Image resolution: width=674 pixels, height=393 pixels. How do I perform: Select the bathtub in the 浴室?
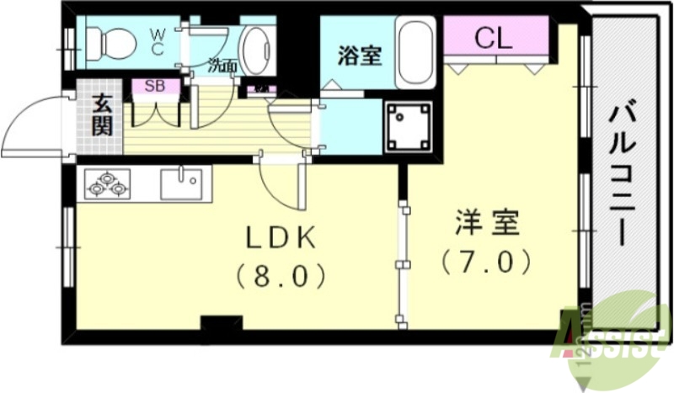[x=416, y=51]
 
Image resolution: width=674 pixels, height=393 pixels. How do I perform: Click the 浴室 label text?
[x=360, y=56]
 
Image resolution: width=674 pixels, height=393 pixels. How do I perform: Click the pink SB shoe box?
[x=155, y=85]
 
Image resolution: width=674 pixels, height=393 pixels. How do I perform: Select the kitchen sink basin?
[x=180, y=182]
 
